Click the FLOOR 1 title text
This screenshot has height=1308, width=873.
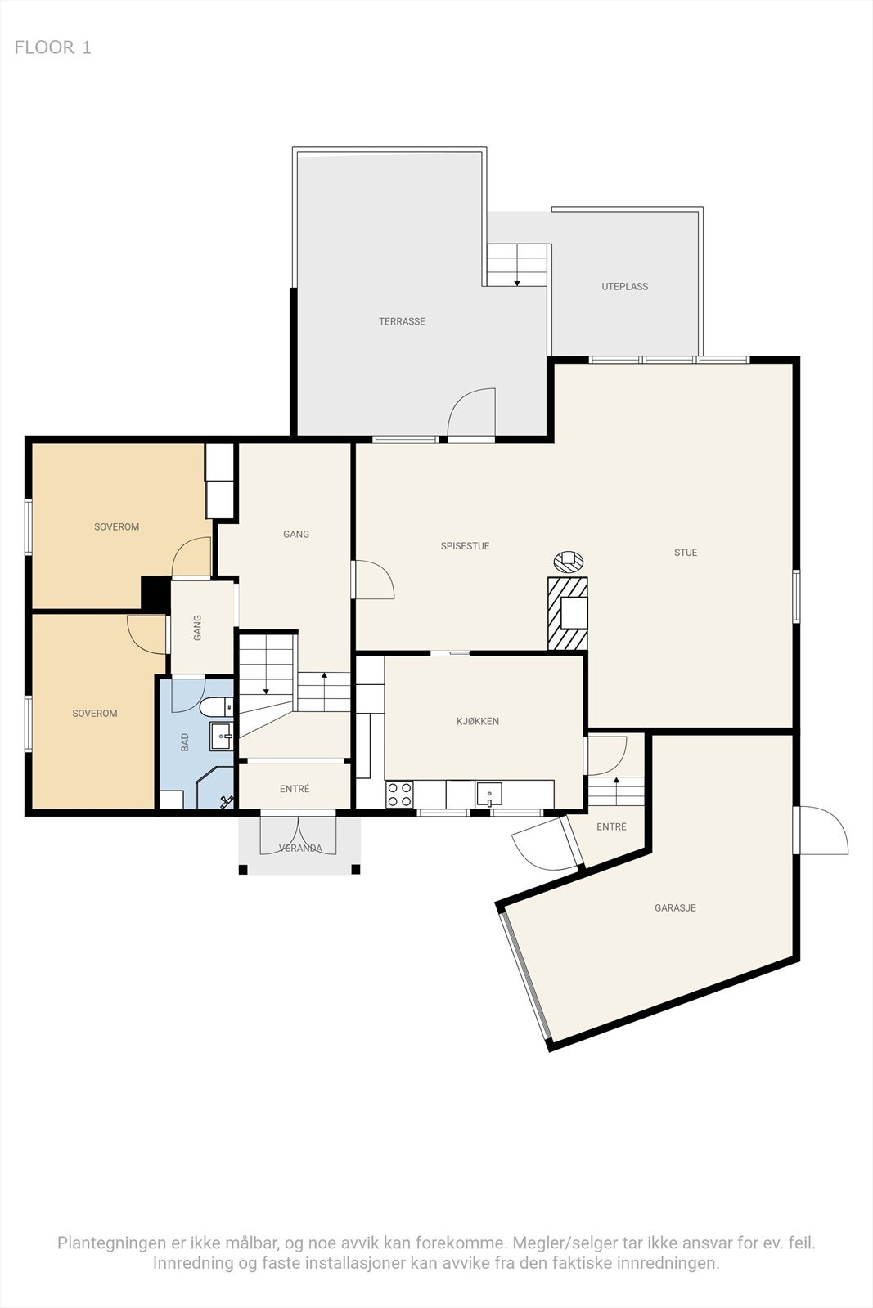coord(52,47)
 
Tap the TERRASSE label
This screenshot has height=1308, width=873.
coord(402,321)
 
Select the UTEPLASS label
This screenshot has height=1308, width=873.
coord(624,286)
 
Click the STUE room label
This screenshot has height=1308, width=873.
coord(686,553)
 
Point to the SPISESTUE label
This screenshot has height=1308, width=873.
coord(465,546)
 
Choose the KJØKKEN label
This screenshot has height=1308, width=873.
coord(478,721)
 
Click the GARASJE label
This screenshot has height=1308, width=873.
coord(675,907)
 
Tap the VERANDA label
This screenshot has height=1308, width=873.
coord(300,848)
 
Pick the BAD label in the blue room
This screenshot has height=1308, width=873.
coord(185,742)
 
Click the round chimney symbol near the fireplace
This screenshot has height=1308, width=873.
coord(569,561)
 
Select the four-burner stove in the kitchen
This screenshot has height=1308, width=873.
coord(400,794)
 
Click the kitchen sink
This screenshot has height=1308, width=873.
coord(489,794)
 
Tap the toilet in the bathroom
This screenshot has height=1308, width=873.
coord(216,707)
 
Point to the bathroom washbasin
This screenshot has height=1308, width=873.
coord(222,737)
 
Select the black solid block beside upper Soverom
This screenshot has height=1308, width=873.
coord(155,594)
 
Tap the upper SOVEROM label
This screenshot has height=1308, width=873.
coord(117,526)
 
